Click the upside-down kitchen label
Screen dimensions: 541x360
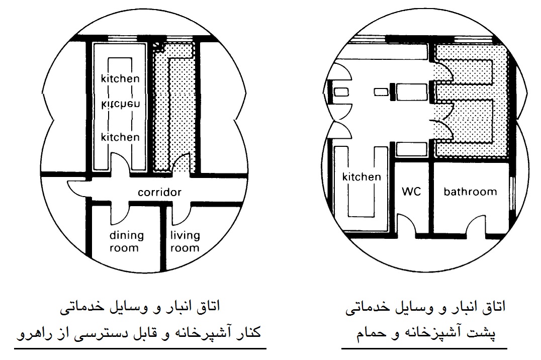pos(120,104)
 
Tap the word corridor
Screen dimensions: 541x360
pos(159,192)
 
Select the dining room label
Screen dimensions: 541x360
pos(126,242)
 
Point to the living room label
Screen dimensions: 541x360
pos(185,242)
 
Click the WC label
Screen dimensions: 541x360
pos(411,191)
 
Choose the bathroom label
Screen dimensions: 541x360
pos(470,192)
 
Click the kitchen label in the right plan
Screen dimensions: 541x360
pos(362,176)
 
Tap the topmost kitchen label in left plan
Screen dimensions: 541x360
pos(120,78)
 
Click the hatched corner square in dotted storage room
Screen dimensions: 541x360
pos(158,47)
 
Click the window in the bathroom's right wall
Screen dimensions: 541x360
pos(512,193)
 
